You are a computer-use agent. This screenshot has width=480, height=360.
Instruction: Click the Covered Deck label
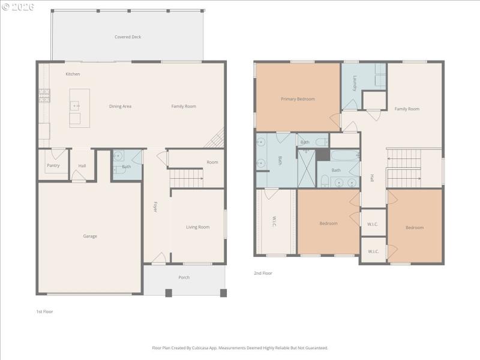[128, 37]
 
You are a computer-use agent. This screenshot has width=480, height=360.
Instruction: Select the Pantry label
[53, 166]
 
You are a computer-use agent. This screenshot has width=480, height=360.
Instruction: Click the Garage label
[90, 236]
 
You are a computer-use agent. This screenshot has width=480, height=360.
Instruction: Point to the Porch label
[184, 277]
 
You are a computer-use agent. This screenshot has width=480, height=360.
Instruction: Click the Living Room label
[197, 227]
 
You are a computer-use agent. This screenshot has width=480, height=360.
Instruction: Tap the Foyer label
[155, 207]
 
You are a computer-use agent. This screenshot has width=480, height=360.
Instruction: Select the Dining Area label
[120, 106]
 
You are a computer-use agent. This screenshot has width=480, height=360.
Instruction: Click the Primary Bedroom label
[298, 99]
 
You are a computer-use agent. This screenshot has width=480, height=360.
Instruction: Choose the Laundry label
[355, 83]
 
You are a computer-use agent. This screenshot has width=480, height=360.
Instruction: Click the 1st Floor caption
[44, 311]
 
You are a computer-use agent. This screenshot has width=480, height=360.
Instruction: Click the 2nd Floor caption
[263, 273]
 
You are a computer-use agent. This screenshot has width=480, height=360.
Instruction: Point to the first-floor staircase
[186, 178]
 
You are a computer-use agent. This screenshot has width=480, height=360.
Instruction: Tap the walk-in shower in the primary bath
[307, 169]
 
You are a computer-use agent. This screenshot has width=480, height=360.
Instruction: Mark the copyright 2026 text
[18, 7]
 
